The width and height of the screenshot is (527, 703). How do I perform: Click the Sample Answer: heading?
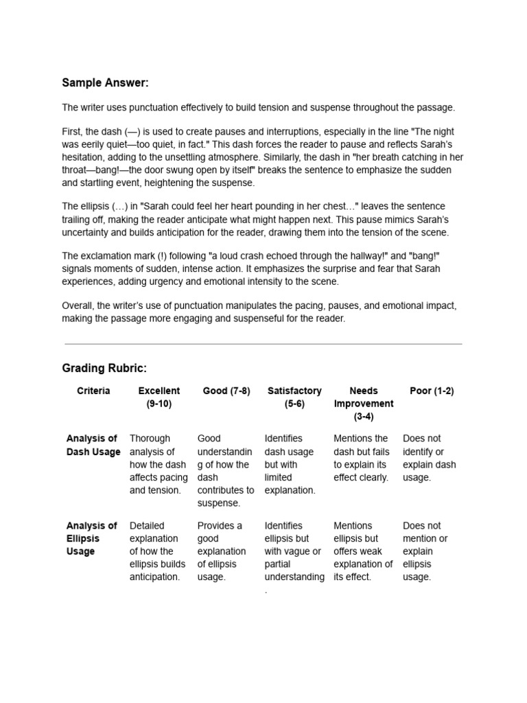(105, 83)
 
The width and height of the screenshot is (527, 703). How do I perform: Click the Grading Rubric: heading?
(104, 369)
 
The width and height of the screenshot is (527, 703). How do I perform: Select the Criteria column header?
(93, 391)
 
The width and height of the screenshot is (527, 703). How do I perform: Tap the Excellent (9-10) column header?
(159, 397)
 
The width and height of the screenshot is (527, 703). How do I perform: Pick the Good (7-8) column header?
(226, 391)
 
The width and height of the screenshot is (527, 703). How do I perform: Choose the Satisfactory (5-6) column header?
(294, 397)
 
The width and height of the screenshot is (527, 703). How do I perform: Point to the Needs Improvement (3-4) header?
(364, 403)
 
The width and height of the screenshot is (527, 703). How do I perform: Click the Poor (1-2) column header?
(432, 391)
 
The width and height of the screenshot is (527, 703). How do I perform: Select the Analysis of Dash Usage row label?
(93, 445)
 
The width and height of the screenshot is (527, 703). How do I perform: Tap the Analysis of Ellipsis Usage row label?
(92, 538)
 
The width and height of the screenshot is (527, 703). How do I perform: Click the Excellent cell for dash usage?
(159, 464)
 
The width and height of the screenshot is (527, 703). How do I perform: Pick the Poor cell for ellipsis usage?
(426, 551)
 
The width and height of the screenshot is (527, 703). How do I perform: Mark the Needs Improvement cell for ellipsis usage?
(363, 551)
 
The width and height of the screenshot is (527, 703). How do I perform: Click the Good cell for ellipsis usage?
(222, 551)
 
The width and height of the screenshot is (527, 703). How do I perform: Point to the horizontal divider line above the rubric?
(263, 344)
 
